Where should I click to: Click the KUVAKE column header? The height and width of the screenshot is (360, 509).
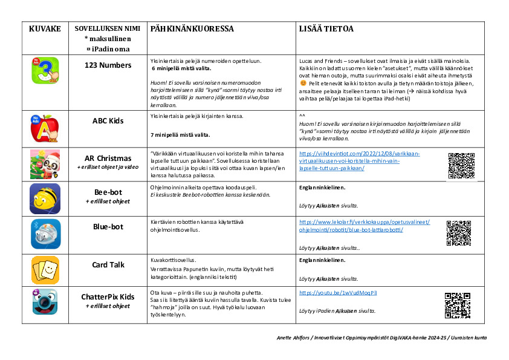[45, 29]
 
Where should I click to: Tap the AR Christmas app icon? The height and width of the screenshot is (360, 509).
[45, 164]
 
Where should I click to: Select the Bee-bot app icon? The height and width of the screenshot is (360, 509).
[45, 198]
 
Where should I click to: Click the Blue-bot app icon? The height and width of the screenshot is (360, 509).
[45, 234]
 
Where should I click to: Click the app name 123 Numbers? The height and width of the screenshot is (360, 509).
[108, 65]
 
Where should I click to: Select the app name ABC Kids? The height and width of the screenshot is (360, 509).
[108, 121]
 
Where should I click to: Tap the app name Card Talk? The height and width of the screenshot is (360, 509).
[108, 265]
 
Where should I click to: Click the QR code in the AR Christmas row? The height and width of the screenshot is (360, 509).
[461, 165]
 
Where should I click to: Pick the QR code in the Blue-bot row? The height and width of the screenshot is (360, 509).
[459, 233]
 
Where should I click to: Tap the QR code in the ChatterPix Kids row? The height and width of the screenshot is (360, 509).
[458, 305]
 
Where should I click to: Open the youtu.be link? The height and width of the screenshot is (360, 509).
[338, 293]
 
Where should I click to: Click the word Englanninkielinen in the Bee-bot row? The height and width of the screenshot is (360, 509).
[322, 188]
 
